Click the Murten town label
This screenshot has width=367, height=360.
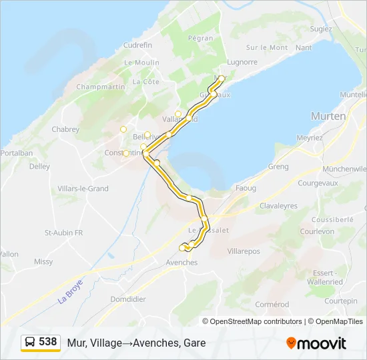tap(328, 116)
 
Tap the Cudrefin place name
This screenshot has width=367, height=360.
tap(138, 45)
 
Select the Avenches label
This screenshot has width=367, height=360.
tap(181, 263)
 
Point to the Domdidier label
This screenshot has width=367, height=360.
tap(127, 299)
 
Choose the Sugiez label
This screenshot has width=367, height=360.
tap(321, 29)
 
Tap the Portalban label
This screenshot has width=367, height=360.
tap(17, 153)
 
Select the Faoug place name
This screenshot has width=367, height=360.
tap(246, 189)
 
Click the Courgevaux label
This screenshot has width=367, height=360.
tap(318, 183)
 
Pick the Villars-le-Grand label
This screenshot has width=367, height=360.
tap(83, 189)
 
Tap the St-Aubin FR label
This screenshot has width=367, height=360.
tap(63, 233)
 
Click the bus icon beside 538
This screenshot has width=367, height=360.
tap(29, 343)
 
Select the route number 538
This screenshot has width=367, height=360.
tap(48, 342)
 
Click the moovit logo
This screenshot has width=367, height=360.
tap(316, 343)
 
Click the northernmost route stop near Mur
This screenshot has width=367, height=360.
tap(221, 79)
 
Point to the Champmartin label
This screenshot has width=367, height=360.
tap(101, 87)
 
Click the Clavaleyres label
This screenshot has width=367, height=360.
tap(278, 206)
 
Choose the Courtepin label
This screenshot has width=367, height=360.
tap(342, 301)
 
